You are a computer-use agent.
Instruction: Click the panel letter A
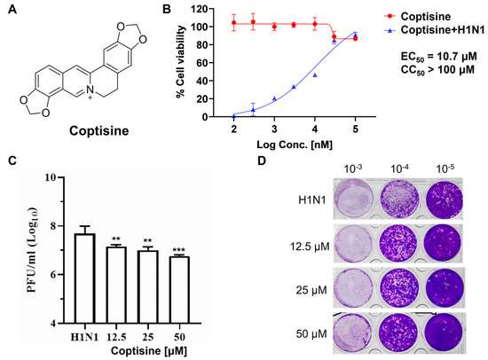[10, 11]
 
